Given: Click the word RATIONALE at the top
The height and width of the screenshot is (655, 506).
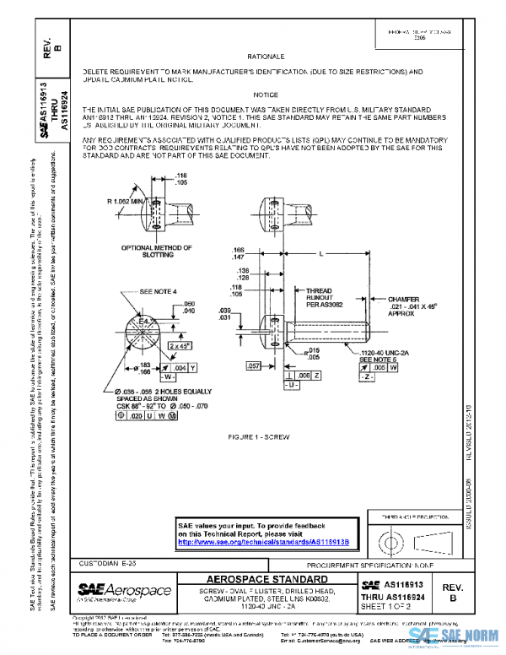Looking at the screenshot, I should coord(263,55).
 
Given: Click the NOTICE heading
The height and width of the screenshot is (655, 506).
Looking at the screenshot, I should coord(264,95).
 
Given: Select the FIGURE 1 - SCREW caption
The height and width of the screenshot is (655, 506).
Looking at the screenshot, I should coord(264,439).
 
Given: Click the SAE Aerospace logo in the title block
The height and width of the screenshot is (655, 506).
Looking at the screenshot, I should coord(124,592).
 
